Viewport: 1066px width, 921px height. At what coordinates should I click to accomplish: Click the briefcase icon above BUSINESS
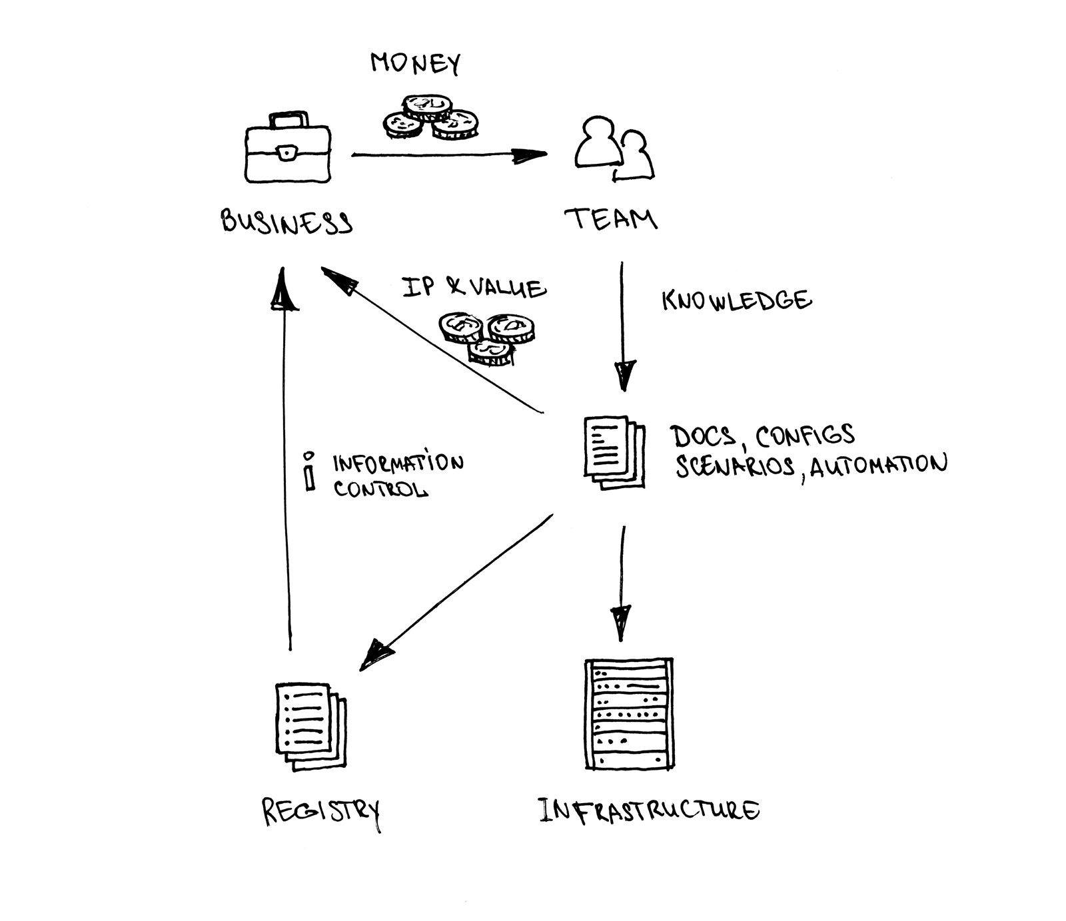click(x=288, y=147)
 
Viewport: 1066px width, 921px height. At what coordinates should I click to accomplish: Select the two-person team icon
click(x=614, y=149)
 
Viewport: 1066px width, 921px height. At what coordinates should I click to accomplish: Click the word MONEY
click(x=415, y=63)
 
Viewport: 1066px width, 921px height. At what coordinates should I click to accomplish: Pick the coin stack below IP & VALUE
click(x=486, y=339)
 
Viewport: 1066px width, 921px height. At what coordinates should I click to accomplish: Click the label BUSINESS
click(x=286, y=221)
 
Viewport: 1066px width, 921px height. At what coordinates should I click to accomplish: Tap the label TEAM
click(x=611, y=218)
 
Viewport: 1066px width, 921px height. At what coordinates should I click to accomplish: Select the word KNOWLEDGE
click(x=737, y=300)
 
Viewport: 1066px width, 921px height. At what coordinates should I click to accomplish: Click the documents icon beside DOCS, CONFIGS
click(x=614, y=452)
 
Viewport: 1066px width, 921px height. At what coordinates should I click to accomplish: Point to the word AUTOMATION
click(x=878, y=465)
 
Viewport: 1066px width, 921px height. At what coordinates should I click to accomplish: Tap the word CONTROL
click(x=380, y=489)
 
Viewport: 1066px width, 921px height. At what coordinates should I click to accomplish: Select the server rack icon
click(x=629, y=714)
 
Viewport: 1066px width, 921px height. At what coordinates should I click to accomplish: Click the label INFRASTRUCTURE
click(x=648, y=810)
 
